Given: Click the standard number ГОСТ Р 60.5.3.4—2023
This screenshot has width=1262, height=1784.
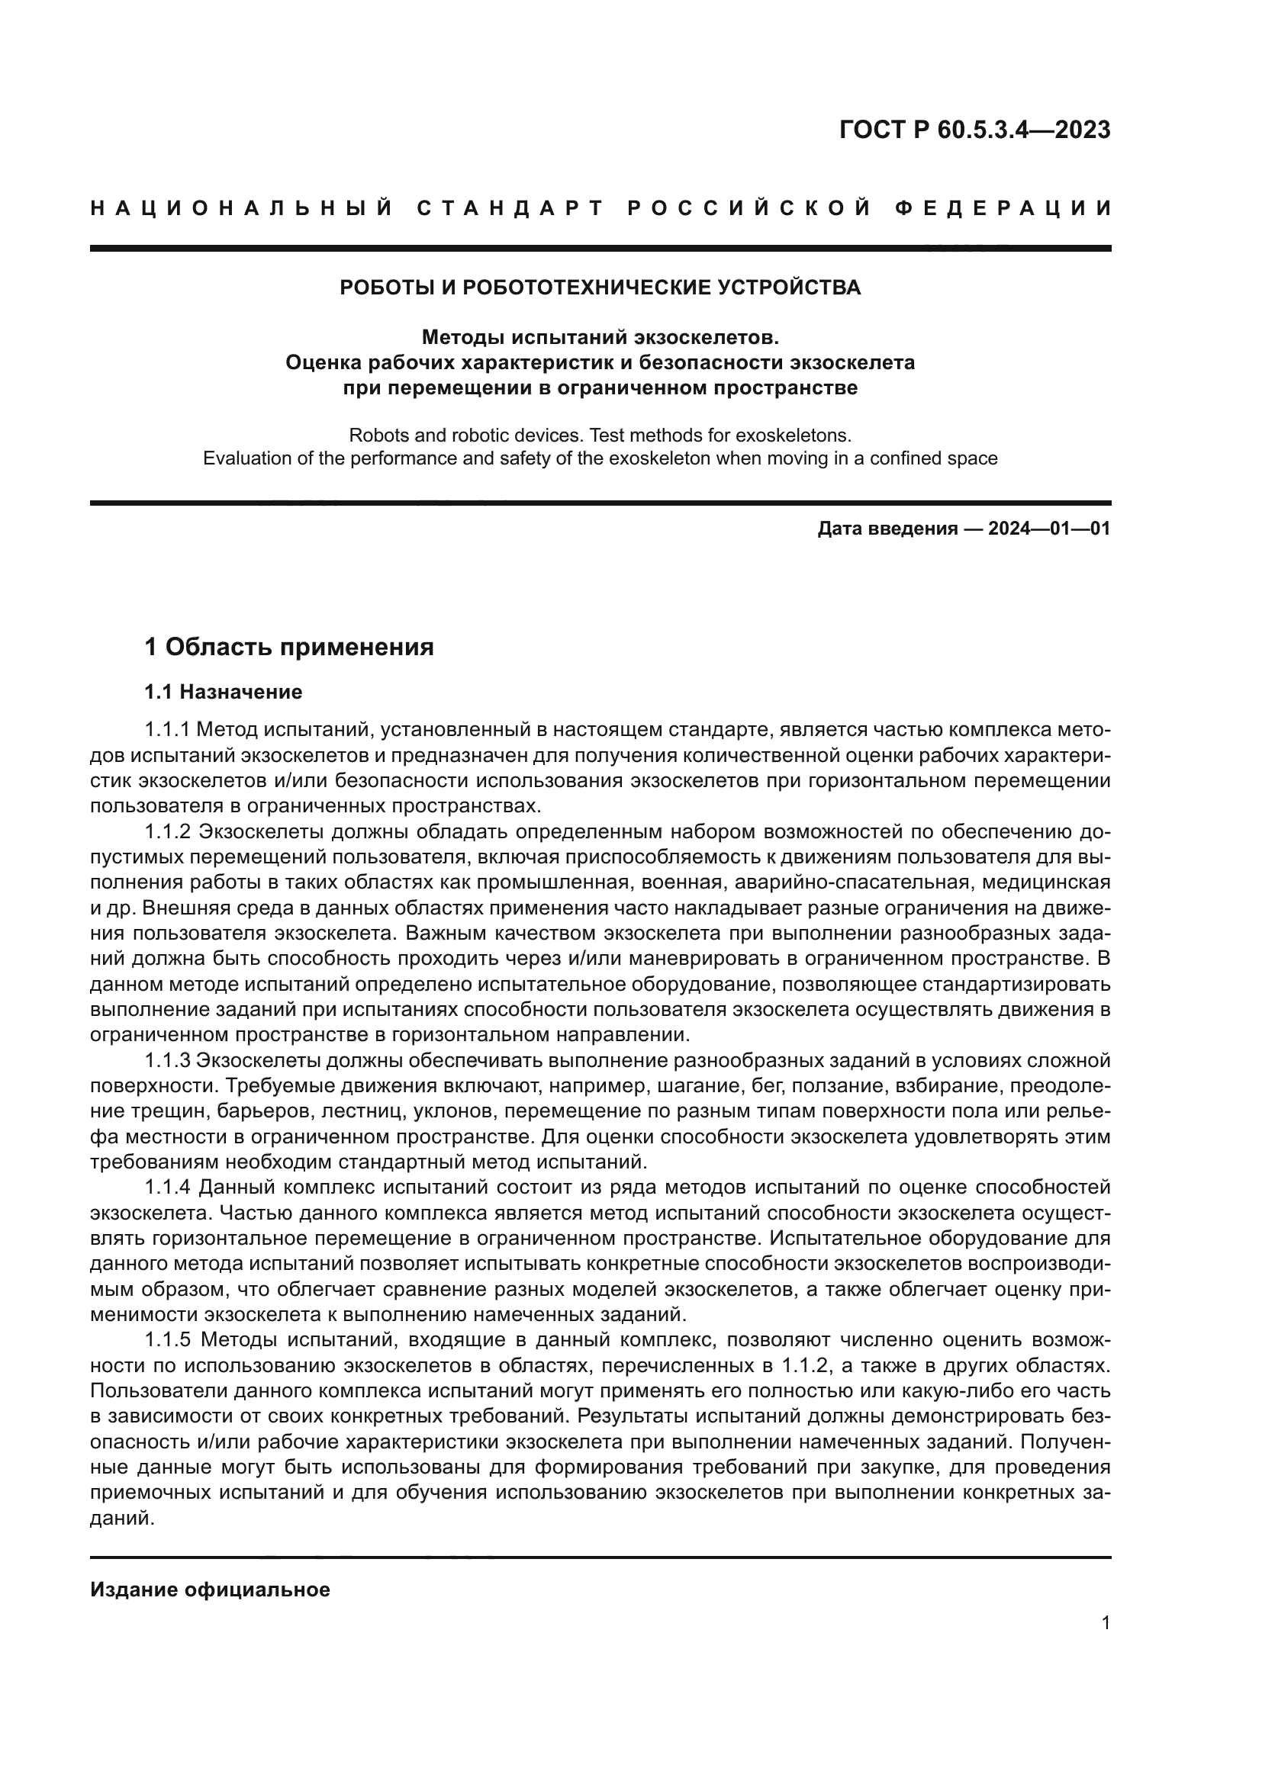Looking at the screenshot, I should coord(974,130).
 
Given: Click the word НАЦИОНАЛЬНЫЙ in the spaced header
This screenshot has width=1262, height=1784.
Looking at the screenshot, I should coord(242,208).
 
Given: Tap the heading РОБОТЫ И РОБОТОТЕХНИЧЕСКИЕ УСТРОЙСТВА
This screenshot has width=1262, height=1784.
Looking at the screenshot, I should coord(600,288).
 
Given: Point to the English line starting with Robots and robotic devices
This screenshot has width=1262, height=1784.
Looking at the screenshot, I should coord(600,434).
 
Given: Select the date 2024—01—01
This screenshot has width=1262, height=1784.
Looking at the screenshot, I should coord(1049,529).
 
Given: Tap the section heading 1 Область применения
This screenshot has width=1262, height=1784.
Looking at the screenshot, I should coord(289,647).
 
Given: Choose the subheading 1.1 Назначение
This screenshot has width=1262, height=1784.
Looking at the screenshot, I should coord(223,692).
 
